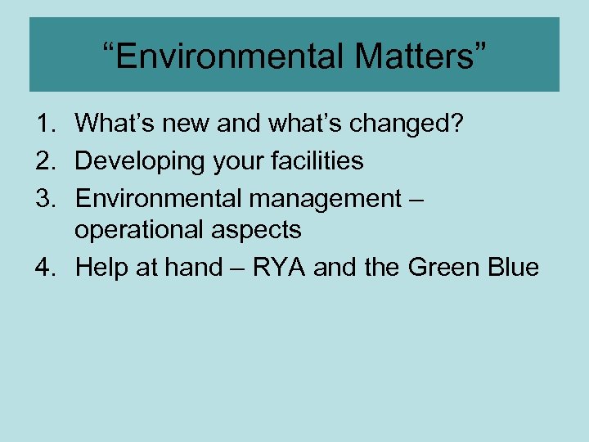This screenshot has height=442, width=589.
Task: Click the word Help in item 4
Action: [101, 267]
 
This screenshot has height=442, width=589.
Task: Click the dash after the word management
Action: [413, 199]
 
